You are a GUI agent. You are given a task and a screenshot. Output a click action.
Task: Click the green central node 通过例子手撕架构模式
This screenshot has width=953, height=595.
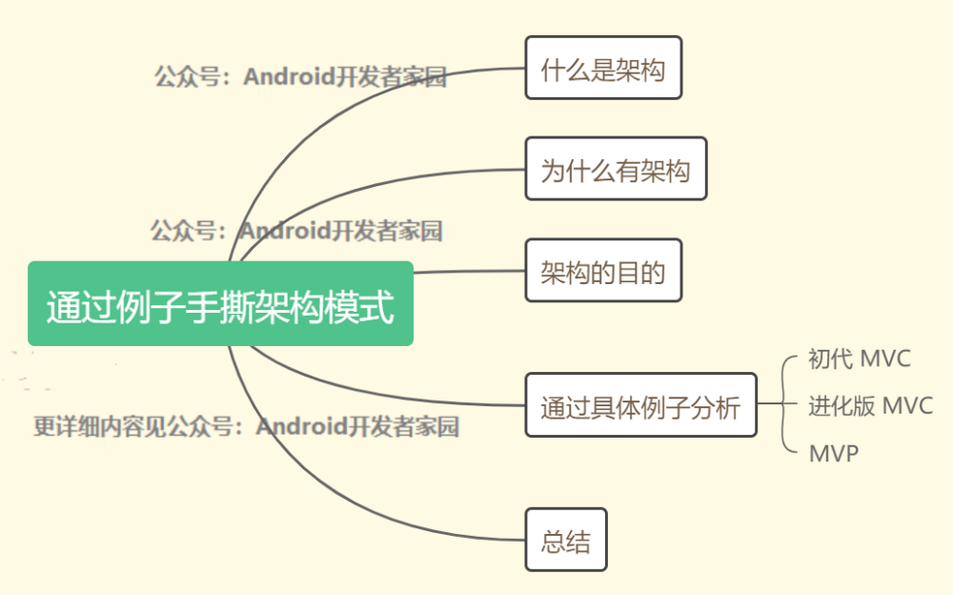(x=221, y=303)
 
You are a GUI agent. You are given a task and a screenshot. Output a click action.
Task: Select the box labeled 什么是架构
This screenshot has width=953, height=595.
(x=603, y=68)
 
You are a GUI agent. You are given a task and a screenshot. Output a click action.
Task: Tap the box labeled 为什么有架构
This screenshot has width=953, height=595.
(x=616, y=169)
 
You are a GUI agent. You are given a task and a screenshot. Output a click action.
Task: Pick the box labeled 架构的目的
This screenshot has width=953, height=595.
(x=603, y=270)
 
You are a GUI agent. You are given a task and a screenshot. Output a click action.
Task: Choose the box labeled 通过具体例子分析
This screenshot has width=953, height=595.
(x=640, y=405)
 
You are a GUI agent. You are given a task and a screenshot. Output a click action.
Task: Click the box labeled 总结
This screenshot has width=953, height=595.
(x=566, y=540)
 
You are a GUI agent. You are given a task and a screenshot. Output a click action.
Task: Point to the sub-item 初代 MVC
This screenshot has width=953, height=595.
(x=860, y=359)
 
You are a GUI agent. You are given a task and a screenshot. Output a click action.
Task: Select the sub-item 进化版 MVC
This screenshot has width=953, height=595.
(x=870, y=406)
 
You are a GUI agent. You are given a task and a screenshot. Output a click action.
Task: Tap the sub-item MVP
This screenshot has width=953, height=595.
(x=834, y=453)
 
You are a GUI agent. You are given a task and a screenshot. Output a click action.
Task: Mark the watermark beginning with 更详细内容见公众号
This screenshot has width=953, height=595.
(x=246, y=426)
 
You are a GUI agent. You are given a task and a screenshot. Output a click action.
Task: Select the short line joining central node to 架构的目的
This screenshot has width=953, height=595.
(x=469, y=272)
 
